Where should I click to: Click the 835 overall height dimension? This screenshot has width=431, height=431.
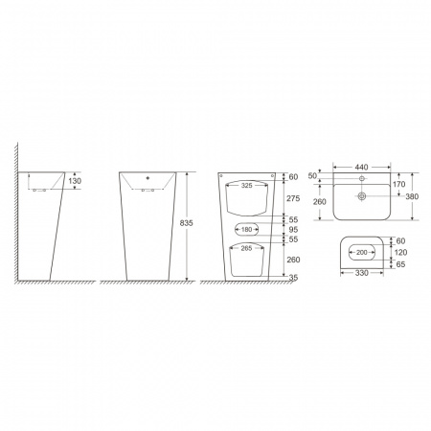[x=186, y=223]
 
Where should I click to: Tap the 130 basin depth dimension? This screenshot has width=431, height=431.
[x=75, y=181]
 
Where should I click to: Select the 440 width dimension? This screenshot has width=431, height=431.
[x=361, y=167]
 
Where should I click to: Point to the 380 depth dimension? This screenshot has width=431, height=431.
[x=412, y=196]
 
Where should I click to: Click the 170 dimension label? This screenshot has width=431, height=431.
[x=399, y=184]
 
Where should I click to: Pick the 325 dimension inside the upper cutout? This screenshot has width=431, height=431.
[x=246, y=186]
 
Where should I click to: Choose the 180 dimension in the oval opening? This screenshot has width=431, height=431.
[x=246, y=229]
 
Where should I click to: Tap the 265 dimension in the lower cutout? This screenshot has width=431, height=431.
[x=246, y=248]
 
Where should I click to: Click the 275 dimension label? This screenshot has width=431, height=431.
[x=293, y=198]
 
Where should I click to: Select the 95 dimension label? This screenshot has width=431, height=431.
[x=293, y=230]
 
